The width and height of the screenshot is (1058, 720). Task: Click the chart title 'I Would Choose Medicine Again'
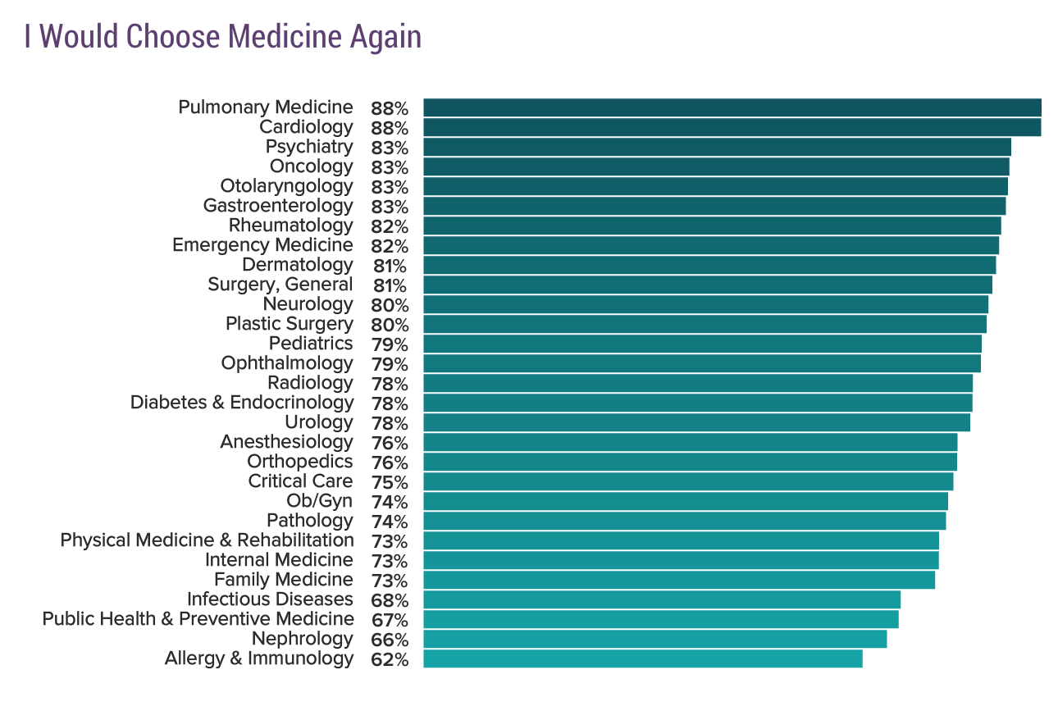tap(222, 36)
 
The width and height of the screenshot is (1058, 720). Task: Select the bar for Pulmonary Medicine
tap(732, 107)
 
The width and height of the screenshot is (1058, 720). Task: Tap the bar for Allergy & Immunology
tap(642, 658)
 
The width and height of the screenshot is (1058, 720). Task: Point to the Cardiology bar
tap(732, 127)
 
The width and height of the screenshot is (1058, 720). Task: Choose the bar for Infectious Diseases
tap(661, 599)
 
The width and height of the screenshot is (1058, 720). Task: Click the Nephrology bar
tap(654, 639)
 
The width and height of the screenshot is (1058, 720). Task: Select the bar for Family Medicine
tap(678, 580)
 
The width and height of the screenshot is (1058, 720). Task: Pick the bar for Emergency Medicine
tap(710, 245)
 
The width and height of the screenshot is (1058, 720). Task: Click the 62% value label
tap(389, 659)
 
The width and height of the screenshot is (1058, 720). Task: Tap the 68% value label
tap(389, 600)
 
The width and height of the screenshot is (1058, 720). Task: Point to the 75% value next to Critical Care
tap(389, 482)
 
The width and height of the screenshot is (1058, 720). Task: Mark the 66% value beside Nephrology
tap(389, 640)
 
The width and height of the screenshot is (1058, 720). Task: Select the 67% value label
tap(389, 620)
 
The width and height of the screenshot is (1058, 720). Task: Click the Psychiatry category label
tap(309, 147)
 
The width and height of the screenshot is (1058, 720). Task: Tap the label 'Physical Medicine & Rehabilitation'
tap(207, 540)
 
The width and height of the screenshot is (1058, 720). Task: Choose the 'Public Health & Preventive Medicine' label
tap(198, 619)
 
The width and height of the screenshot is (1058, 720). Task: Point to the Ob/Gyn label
tap(319, 501)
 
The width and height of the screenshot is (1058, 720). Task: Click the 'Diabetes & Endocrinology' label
tap(242, 403)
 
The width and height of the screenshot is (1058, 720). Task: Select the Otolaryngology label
tap(286, 186)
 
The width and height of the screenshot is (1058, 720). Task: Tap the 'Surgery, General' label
tap(280, 285)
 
